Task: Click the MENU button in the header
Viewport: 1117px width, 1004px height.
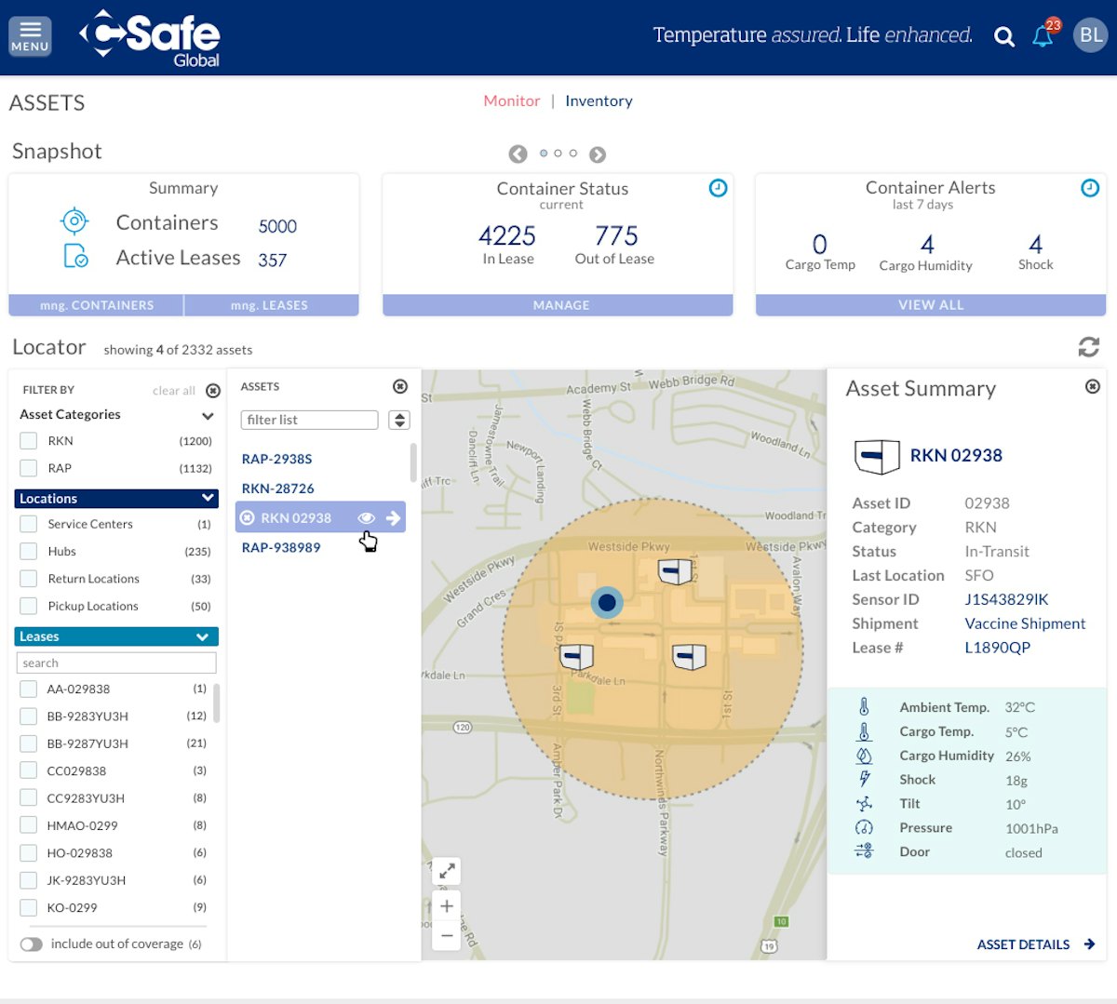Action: click(x=30, y=36)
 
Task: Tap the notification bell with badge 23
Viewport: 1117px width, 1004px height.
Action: click(x=1043, y=36)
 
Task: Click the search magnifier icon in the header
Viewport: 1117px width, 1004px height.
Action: click(x=1003, y=37)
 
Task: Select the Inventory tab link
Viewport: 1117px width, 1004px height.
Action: click(x=599, y=100)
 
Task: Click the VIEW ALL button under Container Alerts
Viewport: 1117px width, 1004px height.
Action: click(x=930, y=305)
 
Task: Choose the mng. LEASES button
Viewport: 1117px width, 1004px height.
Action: click(x=269, y=305)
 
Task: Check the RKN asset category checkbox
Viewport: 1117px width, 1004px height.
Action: click(x=29, y=441)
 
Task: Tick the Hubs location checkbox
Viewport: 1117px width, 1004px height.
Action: click(x=29, y=551)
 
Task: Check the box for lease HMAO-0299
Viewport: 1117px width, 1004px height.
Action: click(x=29, y=825)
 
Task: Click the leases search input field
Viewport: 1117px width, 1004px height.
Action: click(x=116, y=663)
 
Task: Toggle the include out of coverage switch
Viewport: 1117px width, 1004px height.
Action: click(x=32, y=944)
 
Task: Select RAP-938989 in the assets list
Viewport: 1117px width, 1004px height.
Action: click(x=281, y=547)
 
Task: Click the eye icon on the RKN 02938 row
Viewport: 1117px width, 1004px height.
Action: click(x=366, y=518)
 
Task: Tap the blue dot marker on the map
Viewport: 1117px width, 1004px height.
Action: click(x=607, y=602)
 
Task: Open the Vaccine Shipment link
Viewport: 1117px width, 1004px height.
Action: click(x=1025, y=623)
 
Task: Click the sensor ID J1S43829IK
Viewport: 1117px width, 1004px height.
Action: click(x=1006, y=599)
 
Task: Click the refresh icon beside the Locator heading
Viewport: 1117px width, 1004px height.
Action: click(x=1088, y=347)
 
